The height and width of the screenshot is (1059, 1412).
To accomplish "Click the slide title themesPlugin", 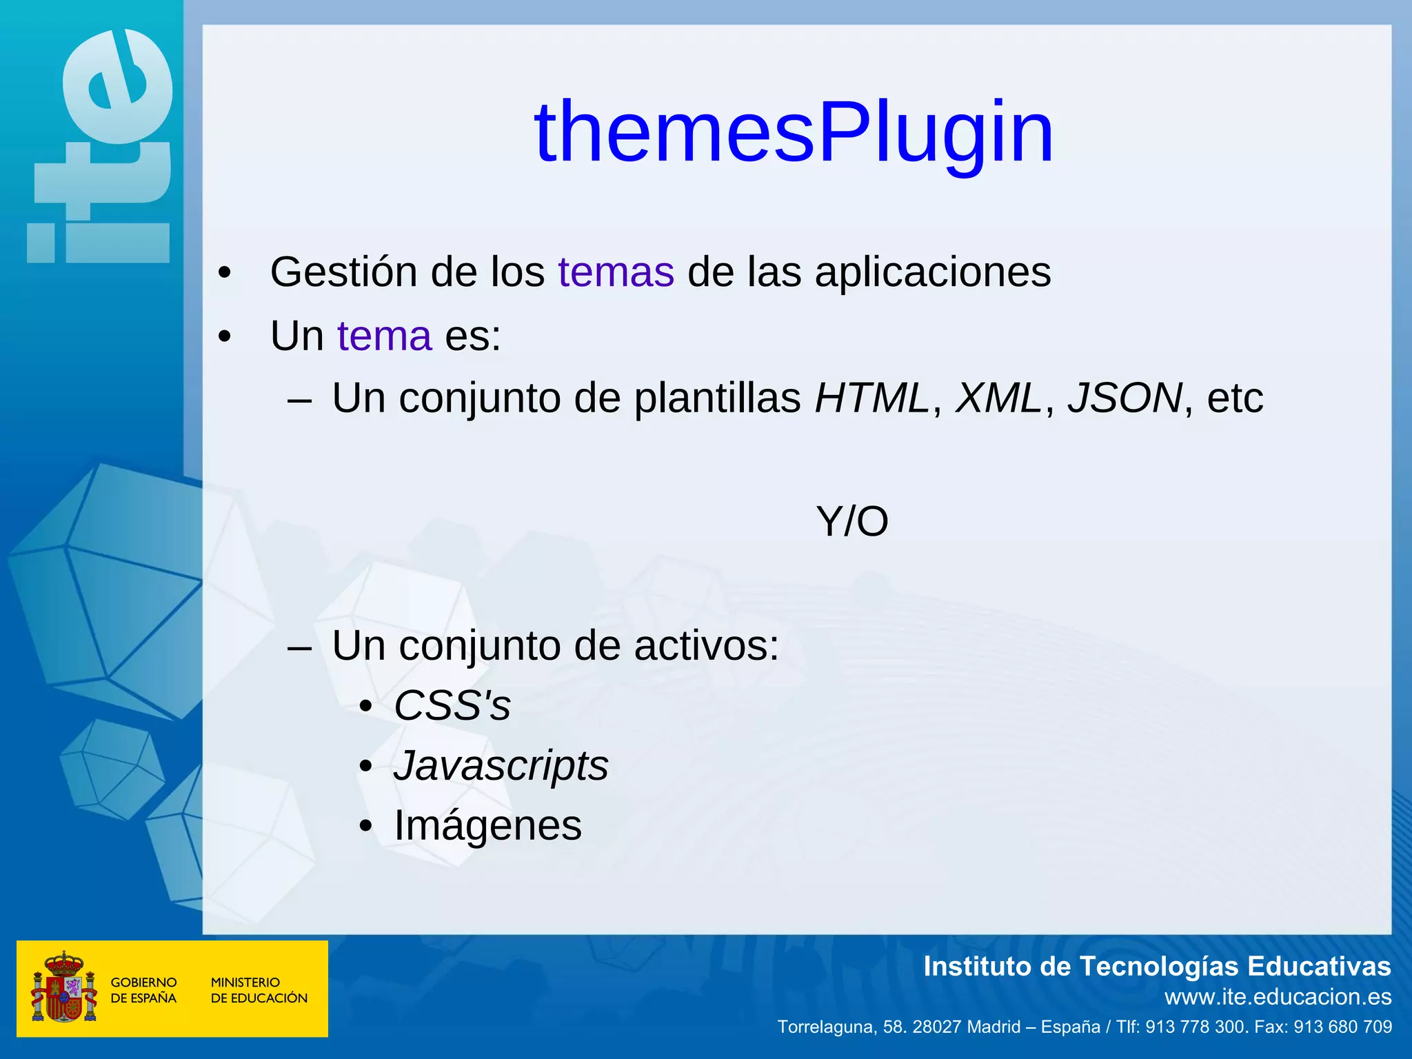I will [x=794, y=132].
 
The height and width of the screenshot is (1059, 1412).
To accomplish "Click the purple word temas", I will [x=616, y=272].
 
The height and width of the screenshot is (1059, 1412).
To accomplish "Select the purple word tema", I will [x=385, y=336].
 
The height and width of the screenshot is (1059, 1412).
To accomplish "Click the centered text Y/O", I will [x=852, y=522].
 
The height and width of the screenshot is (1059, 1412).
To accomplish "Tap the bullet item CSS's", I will [x=452, y=706].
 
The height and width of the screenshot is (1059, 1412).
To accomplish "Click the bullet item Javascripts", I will [x=501, y=766].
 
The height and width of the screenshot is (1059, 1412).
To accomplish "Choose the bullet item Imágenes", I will [x=487, y=825].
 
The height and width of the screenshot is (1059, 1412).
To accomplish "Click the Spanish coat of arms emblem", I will [x=63, y=987].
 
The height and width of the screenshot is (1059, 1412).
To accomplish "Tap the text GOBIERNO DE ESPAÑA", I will [x=143, y=990].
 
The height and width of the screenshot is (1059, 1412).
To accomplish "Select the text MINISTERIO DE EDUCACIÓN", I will [x=259, y=990].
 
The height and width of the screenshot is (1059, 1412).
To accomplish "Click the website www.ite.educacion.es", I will [x=1278, y=997].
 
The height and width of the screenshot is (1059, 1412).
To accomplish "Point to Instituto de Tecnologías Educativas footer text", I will [x=1156, y=967].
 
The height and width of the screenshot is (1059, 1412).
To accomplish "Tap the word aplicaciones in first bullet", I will [x=933, y=273].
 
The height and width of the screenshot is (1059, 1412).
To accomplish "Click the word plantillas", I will [x=717, y=399].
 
